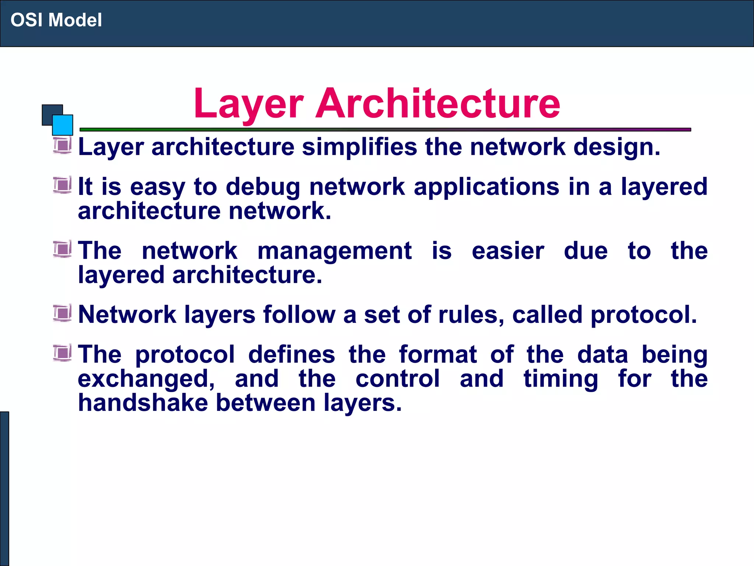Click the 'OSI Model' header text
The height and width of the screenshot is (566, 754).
tap(56, 20)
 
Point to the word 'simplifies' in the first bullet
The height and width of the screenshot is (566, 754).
tap(359, 147)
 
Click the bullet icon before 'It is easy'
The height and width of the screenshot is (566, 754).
tap(62, 185)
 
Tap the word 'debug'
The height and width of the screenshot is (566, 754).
tap(263, 187)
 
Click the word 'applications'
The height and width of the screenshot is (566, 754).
tap(486, 187)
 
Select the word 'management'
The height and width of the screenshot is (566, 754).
tap(334, 251)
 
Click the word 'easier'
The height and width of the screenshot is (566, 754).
tap(508, 251)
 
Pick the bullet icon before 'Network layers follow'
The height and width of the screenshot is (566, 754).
tap(62, 313)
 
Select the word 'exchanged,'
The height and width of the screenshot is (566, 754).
tap(146, 379)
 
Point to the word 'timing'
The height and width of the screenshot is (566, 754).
tap(561, 379)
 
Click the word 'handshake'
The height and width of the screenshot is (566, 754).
tap(143, 402)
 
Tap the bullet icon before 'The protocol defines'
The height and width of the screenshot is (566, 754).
tap(62, 353)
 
